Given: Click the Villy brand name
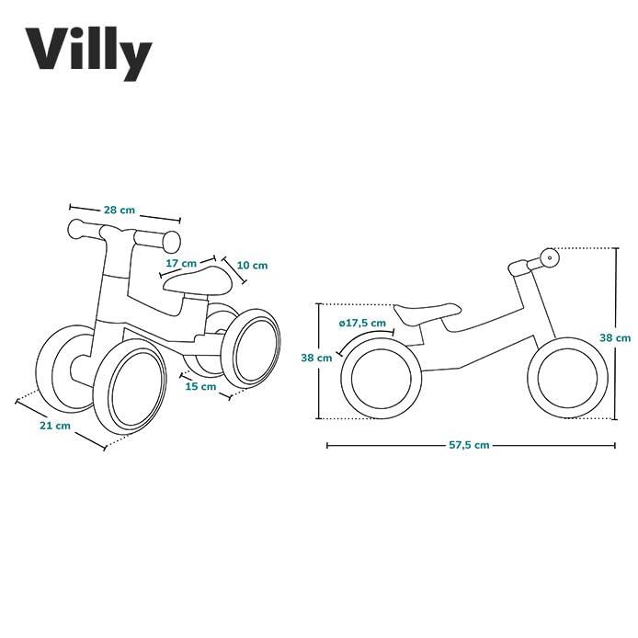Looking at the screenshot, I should point(88,52).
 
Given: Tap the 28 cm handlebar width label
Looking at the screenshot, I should point(119,211).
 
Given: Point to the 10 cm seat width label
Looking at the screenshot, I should point(252,266).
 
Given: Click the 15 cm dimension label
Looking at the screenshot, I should point(201,386).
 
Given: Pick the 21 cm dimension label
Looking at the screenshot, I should point(55,426).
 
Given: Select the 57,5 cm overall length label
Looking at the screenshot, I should point(469,445).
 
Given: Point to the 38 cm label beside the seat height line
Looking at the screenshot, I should point(316,359).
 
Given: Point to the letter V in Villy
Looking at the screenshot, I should point(47,52).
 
